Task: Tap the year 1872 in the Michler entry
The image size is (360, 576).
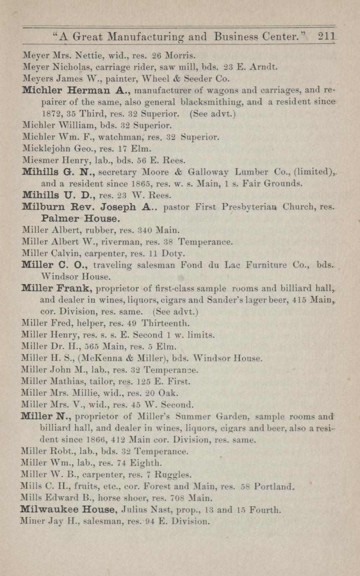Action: pyautogui.click(x=50, y=113)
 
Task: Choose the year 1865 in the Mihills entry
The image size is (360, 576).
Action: pyautogui.click(x=114, y=183)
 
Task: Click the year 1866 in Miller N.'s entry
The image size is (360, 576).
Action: pyautogui.click(x=103, y=440)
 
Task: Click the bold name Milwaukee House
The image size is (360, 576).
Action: pyautogui.click(x=68, y=510)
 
